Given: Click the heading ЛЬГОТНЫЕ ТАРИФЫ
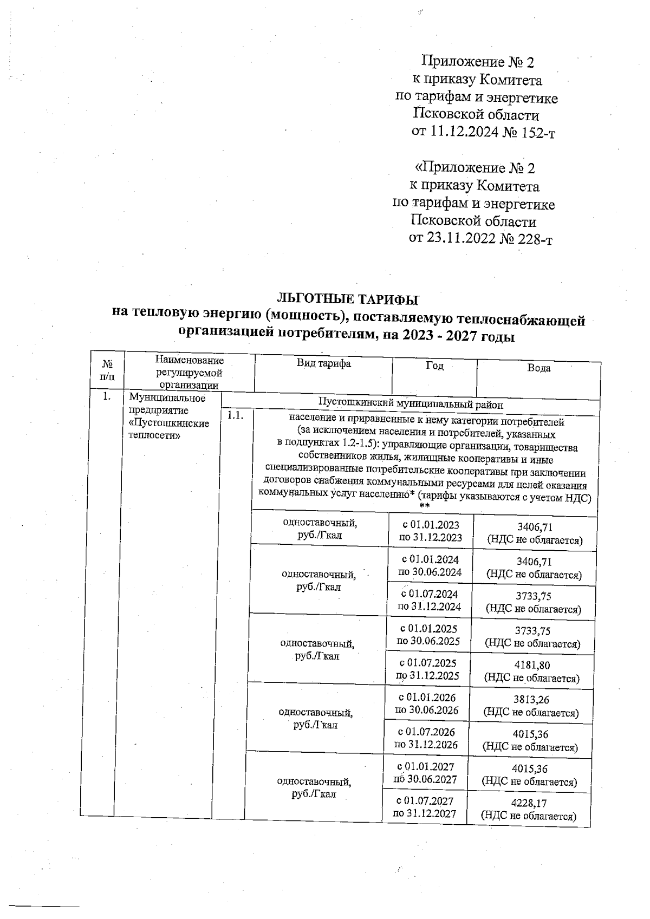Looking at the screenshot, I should tap(348, 299).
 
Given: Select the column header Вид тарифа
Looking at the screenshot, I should tap(323, 364).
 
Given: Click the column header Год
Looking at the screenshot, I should tap(434, 366).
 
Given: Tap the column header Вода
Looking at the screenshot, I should tap(538, 368).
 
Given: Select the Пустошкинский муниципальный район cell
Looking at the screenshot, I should tap(411, 404).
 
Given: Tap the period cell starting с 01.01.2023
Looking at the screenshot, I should tap(431, 531).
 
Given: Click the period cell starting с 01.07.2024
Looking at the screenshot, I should tap(430, 600).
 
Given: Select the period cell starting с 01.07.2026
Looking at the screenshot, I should tap(426, 738).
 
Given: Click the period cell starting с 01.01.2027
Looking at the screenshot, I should tap(426, 773).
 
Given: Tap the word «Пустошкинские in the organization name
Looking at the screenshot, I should tap(169, 423).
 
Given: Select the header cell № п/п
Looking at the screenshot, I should tap(108, 370).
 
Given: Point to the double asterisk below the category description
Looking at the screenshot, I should tap(425, 506).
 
